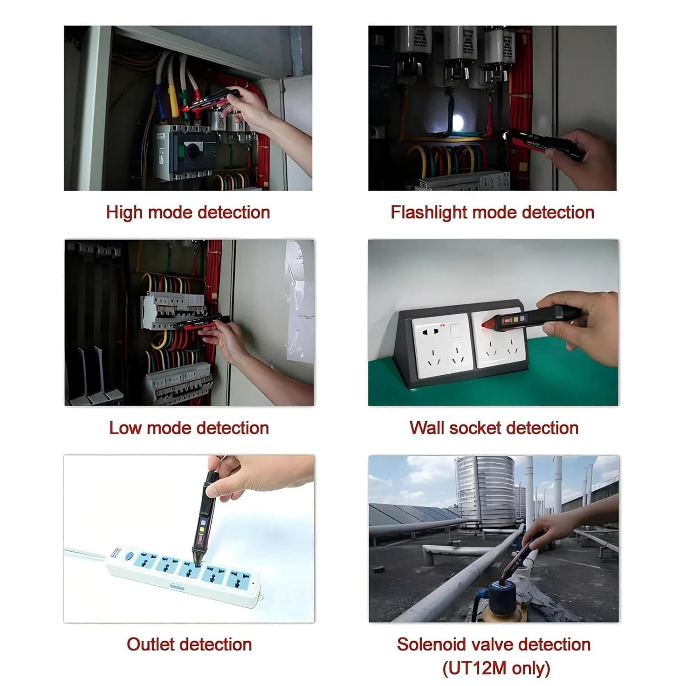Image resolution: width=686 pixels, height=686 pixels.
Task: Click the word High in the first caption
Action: (x=125, y=213)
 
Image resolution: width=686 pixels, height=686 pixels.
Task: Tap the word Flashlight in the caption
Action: (x=429, y=213)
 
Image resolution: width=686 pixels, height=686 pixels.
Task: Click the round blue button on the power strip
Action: (x=129, y=557)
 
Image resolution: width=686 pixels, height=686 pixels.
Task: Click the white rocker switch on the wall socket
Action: (x=454, y=331)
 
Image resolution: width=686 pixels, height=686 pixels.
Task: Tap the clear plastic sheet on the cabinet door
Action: (x=300, y=302)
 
